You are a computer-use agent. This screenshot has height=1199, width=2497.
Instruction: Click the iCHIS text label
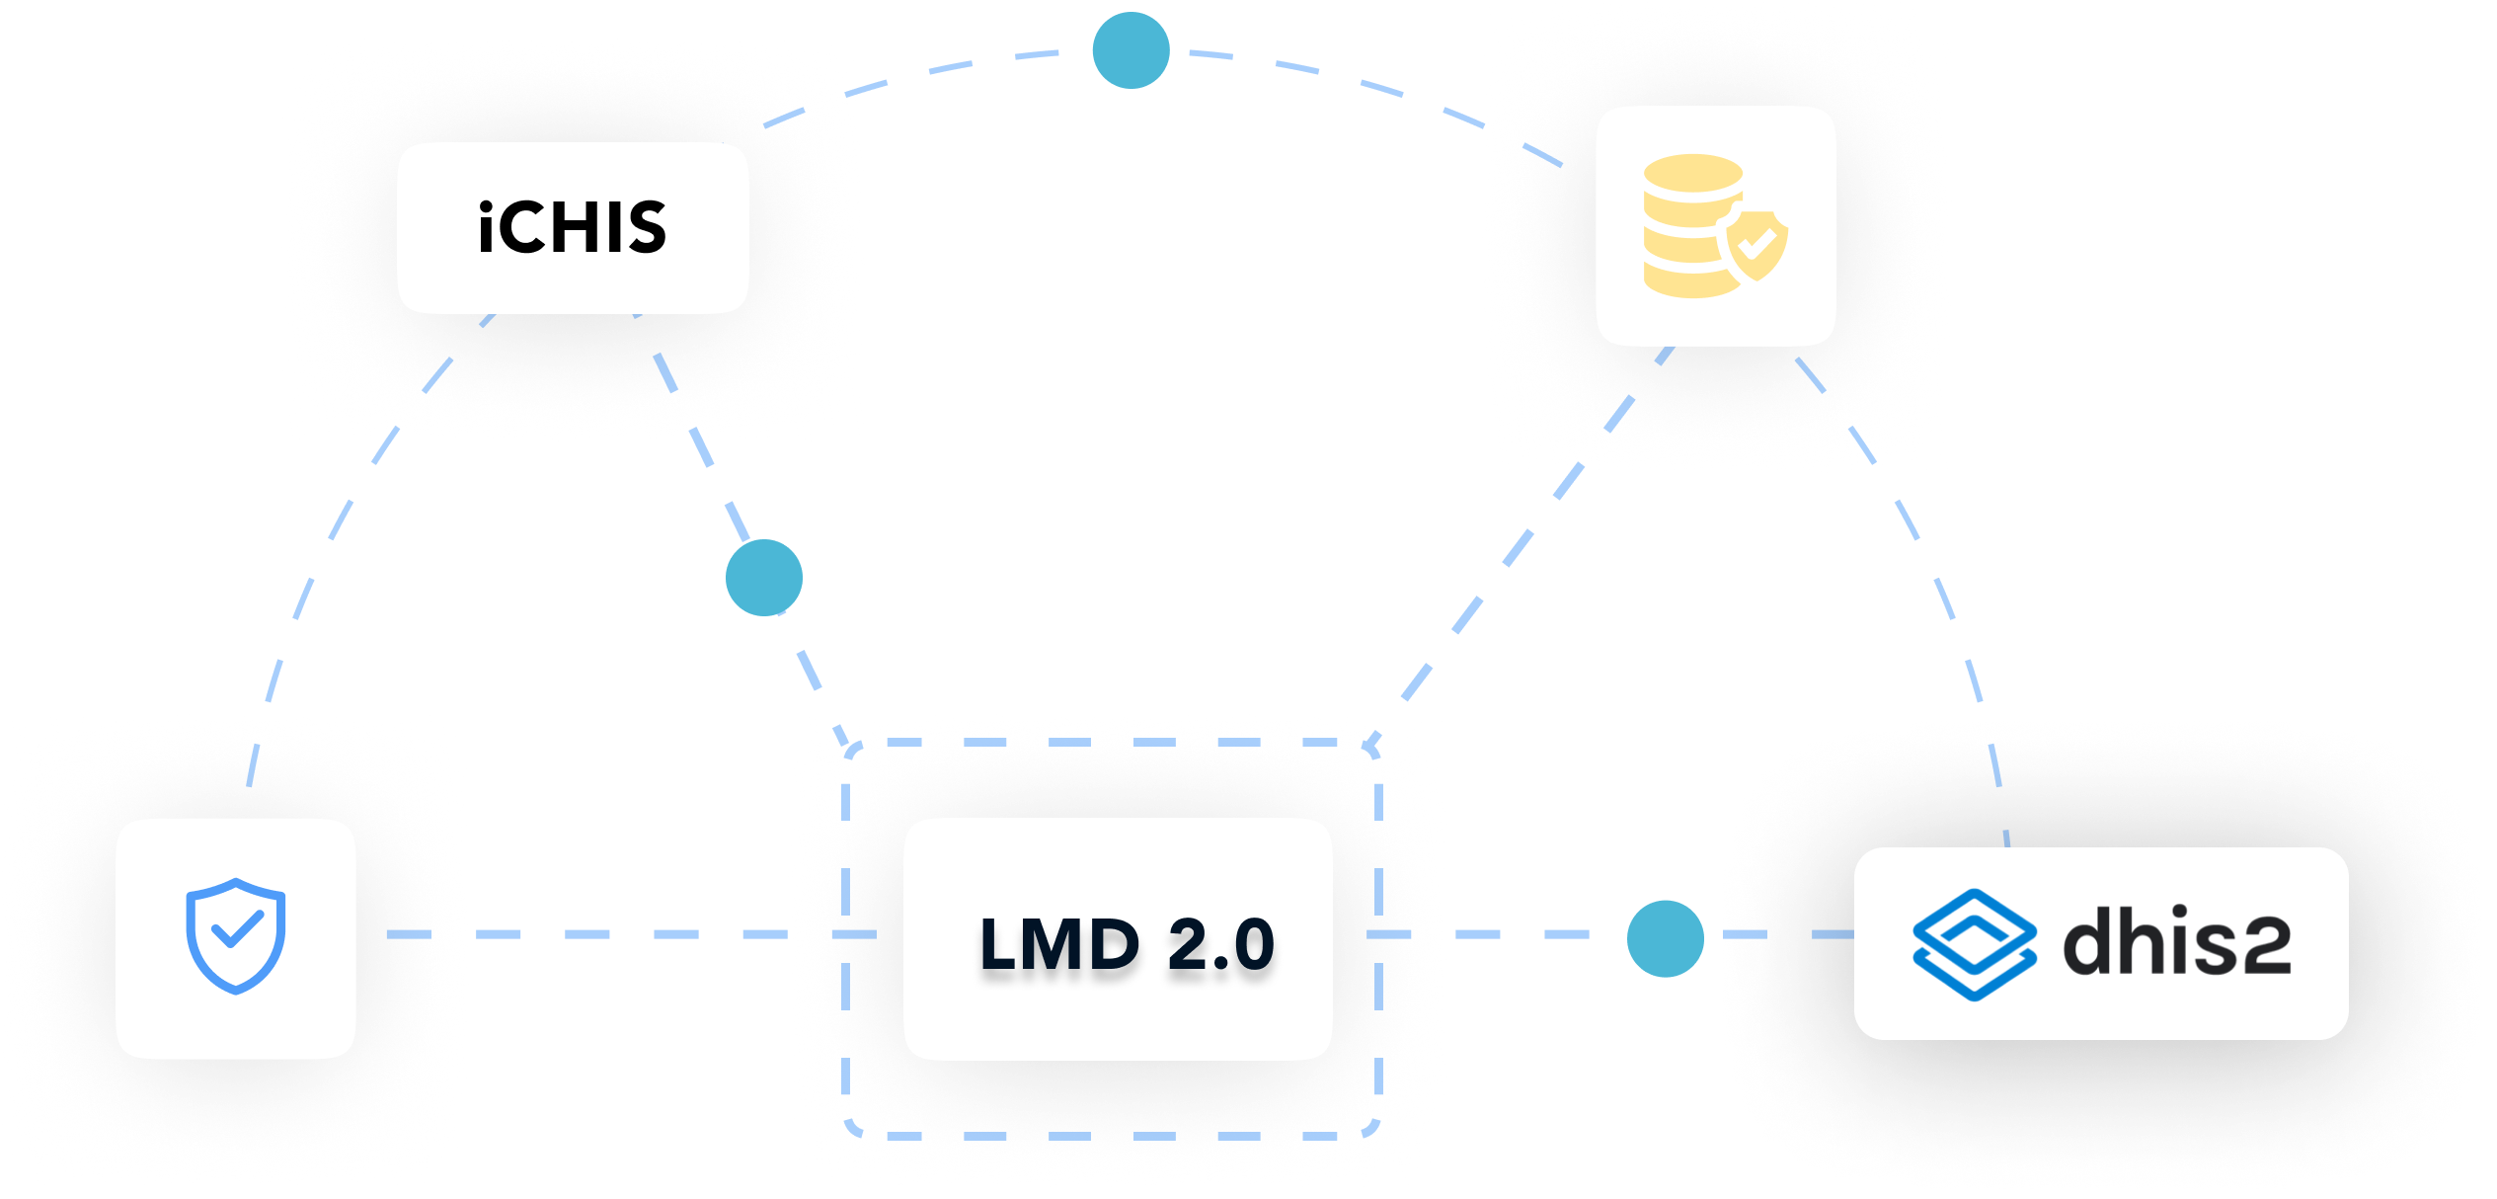[573, 227]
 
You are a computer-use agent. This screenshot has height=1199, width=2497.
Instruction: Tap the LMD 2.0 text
[1127, 944]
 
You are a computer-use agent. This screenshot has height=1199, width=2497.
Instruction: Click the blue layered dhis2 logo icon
[1974, 944]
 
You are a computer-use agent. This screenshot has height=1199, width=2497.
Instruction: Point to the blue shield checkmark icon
[236, 935]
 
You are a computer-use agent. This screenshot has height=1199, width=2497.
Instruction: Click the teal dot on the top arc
[1131, 50]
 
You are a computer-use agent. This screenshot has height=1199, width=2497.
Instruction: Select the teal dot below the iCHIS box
[764, 578]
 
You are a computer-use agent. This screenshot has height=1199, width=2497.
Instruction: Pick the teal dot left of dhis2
[1665, 938]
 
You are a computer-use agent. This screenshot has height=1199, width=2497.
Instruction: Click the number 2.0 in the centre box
[1220, 944]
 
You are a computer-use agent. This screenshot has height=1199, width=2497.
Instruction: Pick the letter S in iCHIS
[642, 227]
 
